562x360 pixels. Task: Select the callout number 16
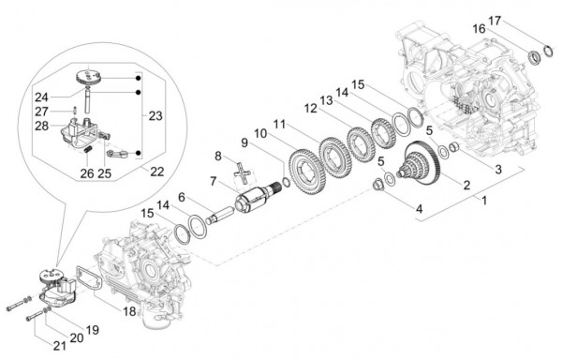coord(479,30)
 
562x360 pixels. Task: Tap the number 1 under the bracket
coord(483,200)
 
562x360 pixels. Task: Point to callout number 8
coord(218,156)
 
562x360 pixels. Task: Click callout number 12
coord(308,110)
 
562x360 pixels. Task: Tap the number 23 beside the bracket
coord(155,116)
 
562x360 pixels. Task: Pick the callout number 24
coord(41,97)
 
